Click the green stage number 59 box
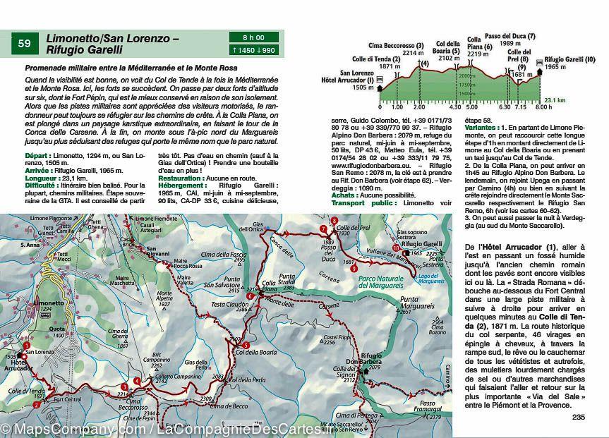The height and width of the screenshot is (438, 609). (25, 44)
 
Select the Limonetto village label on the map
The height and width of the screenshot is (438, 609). (49, 302)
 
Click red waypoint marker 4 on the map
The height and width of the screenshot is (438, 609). (125, 387)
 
